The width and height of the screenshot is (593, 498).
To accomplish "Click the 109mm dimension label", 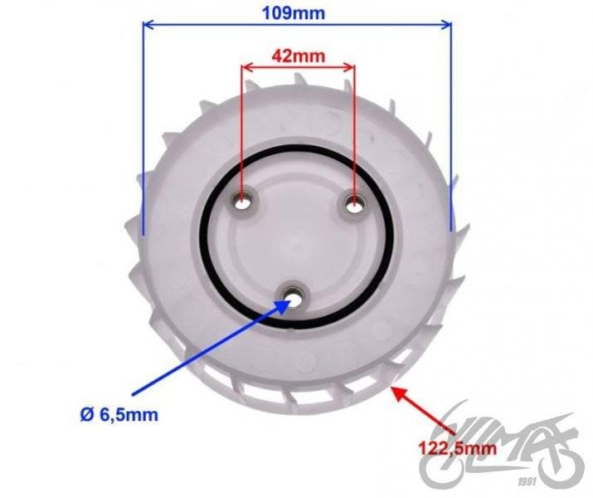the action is [x=294, y=13].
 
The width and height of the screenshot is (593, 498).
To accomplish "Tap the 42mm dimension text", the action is [x=299, y=56].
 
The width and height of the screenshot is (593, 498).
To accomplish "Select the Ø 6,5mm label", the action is [x=119, y=415].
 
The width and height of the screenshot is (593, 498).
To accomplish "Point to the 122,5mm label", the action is [x=457, y=448].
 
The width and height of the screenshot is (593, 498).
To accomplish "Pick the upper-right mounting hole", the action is [x=354, y=205].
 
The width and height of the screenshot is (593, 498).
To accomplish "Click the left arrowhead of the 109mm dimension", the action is [x=148, y=25].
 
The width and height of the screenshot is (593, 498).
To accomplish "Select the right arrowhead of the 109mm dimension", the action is [x=446, y=25].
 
